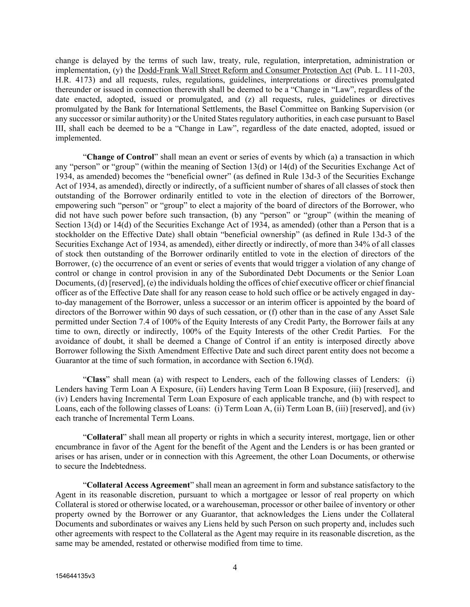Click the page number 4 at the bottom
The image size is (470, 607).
pyautogui.click(x=235, y=567)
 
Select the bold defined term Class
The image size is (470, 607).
pyautogui.click(x=96, y=379)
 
